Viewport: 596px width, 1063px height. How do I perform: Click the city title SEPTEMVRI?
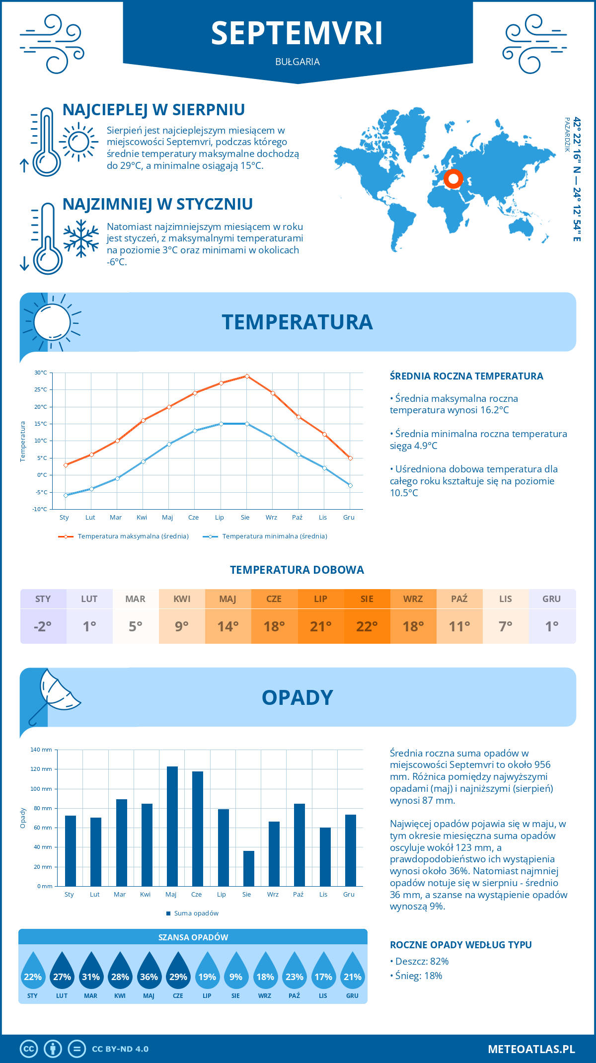tap(297, 34)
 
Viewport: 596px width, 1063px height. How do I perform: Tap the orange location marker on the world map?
tap(453, 179)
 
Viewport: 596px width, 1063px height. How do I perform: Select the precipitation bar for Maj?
tap(172, 826)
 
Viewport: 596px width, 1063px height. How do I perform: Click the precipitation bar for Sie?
tap(248, 868)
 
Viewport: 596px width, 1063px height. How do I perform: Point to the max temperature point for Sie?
tap(247, 376)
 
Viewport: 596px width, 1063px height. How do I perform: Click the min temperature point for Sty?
tap(66, 495)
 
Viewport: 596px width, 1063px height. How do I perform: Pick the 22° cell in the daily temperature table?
tap(367, 626)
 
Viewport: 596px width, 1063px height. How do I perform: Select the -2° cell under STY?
tap(43, 626)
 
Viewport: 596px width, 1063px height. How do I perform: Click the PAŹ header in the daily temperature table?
tap(459, 599)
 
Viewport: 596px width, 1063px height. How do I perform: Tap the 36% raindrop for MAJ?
tap(149, 973)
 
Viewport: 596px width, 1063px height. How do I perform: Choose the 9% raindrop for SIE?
tap(236, 973)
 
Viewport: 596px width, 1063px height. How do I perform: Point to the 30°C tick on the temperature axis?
tap(41, 373)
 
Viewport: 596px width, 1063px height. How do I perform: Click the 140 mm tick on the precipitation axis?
tap(42, 750)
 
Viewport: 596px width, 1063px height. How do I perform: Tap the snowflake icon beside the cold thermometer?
tap(81, 238)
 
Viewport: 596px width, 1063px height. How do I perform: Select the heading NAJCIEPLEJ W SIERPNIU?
tap(153, 110)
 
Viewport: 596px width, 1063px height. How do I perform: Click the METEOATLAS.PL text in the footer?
tap(531, 1049)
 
